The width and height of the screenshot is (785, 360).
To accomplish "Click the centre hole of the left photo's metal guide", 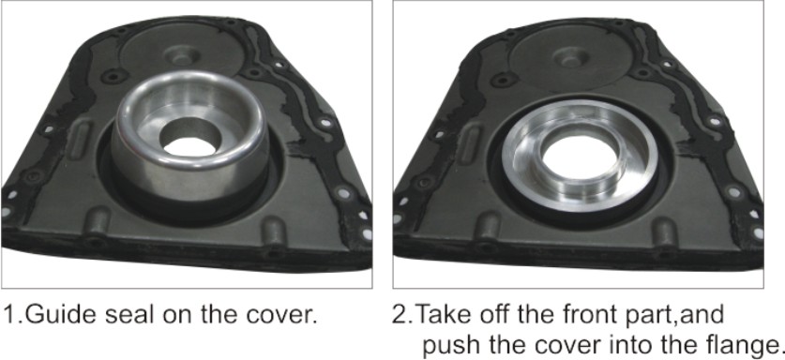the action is [190, 141].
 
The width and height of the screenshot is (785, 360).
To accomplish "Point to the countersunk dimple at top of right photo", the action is [569, 59].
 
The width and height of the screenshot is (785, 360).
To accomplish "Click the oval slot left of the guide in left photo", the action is [80, 142].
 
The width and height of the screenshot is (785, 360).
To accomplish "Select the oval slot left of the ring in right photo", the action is [471, 143].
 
